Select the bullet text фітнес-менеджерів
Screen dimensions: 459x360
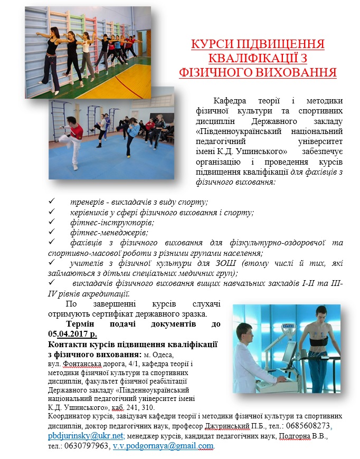click(x=109, y=232)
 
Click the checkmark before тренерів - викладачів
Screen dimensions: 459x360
click(x=51, y=202)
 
